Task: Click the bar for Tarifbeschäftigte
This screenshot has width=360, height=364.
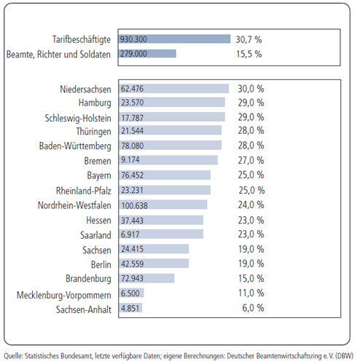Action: (175, 39)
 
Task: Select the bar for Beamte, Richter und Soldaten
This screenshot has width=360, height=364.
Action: (147, 54)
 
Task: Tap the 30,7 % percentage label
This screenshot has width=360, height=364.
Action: (249, 39)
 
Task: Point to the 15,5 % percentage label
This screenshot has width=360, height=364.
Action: (249, 54)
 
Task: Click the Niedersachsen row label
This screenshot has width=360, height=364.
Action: (85, 90)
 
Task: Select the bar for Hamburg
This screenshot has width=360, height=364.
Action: (172, 103)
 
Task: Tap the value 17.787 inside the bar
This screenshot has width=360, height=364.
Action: (133, 118)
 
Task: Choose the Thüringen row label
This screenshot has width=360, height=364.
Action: (93, 131)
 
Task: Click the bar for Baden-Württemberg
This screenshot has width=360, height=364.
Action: (171, 146)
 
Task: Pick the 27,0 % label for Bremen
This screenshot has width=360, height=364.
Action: (251, 160)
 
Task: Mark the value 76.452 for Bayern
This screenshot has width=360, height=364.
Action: (133, 175)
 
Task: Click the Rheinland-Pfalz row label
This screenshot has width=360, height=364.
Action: (84, 191)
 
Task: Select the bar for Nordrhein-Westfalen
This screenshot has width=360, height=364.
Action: (163, 205)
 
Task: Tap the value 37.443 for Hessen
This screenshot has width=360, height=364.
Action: (133, 221)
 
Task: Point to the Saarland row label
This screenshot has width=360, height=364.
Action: (95, 235)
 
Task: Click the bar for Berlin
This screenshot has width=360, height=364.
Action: (154, 264)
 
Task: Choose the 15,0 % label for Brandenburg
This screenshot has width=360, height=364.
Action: (251, 278)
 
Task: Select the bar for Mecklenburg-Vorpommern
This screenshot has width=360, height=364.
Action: (131, 293)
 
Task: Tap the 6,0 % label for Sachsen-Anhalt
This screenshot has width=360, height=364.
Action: (253, 308)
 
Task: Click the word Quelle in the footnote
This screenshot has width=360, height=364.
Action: (13, 356)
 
